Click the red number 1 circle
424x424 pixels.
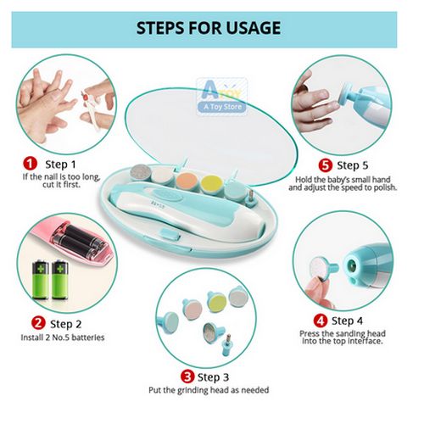(x=30, y=164)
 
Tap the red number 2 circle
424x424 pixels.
(x=38, y=323)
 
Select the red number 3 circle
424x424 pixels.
(x=187, y=377)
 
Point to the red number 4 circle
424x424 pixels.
(x=321, y=321)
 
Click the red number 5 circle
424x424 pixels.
(x=326, y=165)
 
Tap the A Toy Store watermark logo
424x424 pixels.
(x=222, y=97)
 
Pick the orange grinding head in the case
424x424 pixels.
(x=187, y=180)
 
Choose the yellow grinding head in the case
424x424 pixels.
(x=211, y=183)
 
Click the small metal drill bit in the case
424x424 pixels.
(x=249, y=198)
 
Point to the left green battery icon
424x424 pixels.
(x=41, y=279)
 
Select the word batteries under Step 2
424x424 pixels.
(x=87, y=338)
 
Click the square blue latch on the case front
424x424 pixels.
(x=170, y=234)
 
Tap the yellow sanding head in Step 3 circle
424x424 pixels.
(x=216, y=300)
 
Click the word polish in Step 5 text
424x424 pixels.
(x=385, y=187)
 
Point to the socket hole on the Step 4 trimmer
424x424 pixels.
(x=352, y=265)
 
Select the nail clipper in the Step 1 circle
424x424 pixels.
(x=91, y=109)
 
